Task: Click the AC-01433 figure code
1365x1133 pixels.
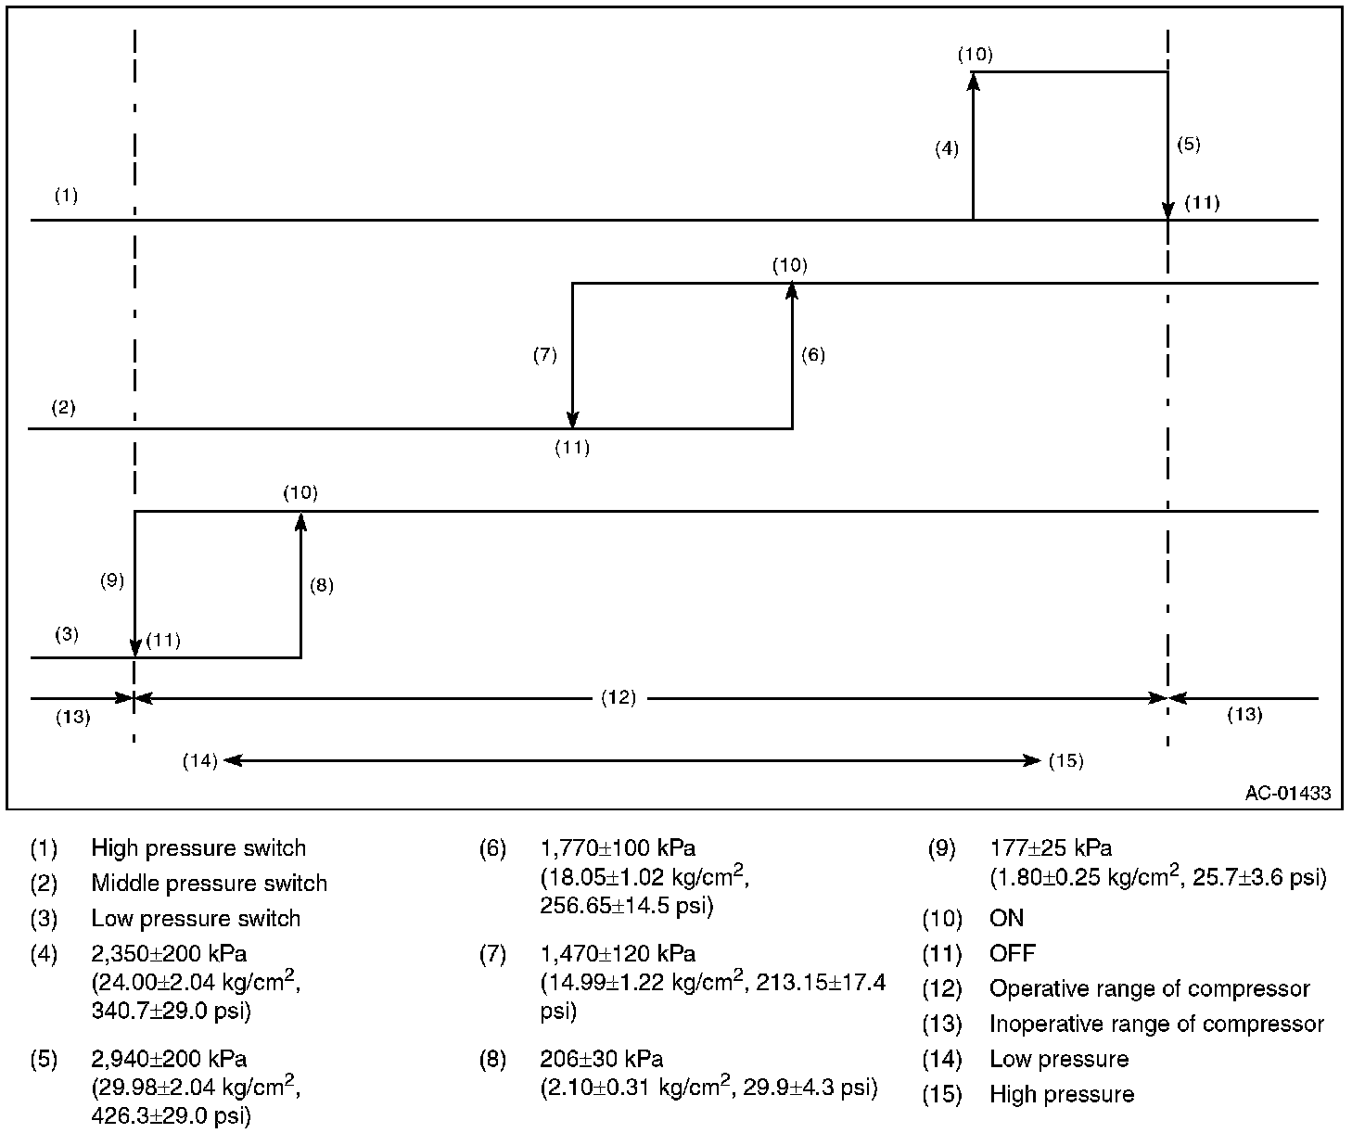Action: coord(1288,793)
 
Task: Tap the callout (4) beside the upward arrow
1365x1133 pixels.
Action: coord(946,148)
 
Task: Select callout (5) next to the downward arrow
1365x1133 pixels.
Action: coord(1188,144)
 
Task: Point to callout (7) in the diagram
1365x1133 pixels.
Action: coord(544,355)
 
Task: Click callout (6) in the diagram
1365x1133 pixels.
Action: coord(812,355)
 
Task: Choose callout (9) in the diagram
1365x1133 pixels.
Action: coord(112,581)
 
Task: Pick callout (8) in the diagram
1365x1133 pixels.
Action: coord(321,585)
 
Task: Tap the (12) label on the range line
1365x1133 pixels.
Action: coord(619,697)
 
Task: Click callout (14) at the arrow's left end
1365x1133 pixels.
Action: coord(199,761)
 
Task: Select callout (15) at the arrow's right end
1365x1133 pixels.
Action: coord(1065,761)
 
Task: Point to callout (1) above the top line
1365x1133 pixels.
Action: coord(66,196)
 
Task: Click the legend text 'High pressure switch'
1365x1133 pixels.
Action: coord(198,847)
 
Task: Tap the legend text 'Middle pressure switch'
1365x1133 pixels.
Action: coord(209,883)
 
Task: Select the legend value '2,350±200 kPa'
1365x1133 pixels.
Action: coord(169,953)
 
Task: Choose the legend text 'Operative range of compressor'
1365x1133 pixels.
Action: coord(1149,988)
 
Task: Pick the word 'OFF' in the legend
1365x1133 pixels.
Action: coord(1012,953)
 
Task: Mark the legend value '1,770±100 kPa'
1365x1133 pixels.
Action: coord(618,847)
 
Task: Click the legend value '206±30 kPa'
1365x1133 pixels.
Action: coord(601,1059)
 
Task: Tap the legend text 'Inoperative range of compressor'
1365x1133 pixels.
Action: coord(1156,1024)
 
